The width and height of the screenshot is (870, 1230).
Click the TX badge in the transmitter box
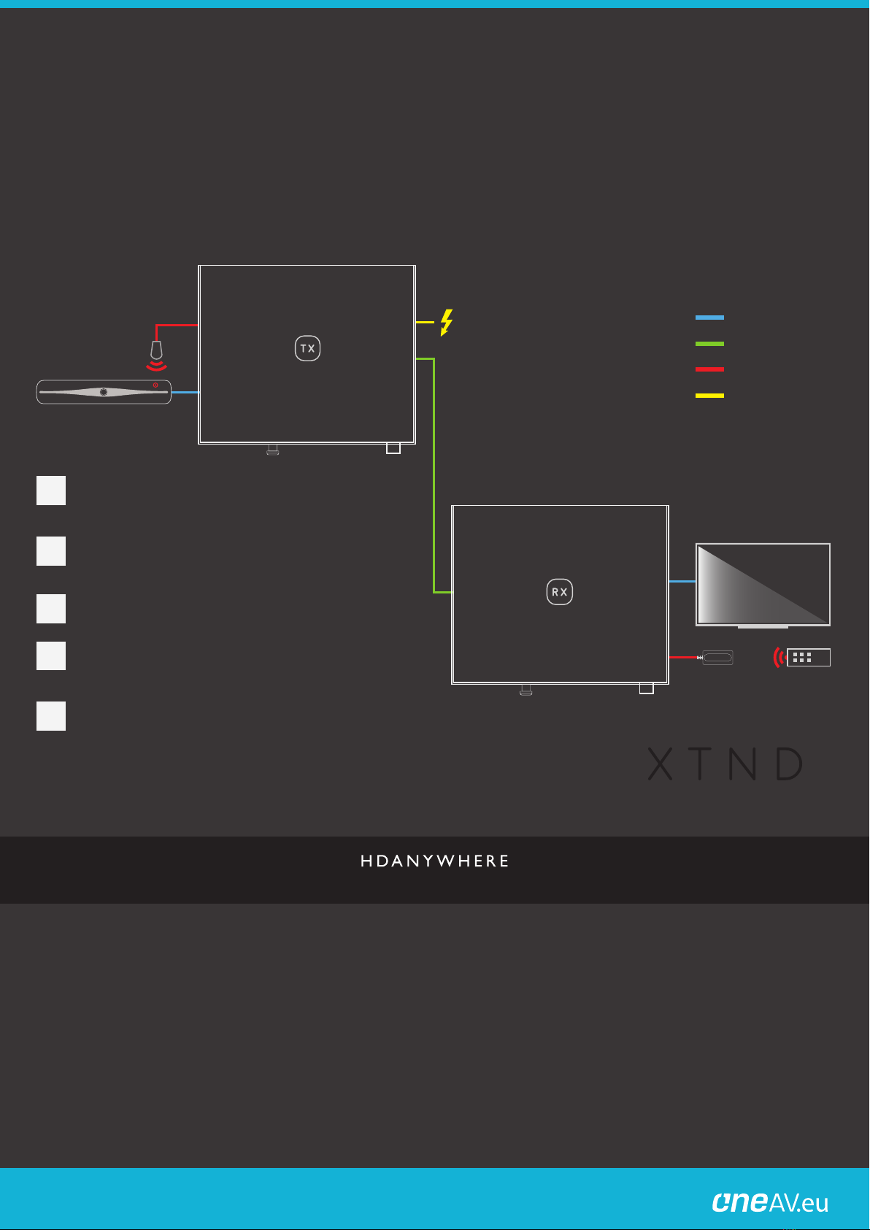(307, 348)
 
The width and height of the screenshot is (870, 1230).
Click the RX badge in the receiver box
(560, 592)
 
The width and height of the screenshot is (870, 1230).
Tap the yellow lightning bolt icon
(446, 322)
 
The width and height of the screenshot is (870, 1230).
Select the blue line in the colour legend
(709, 318)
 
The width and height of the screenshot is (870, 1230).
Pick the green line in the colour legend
(709, 343)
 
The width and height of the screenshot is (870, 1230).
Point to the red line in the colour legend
(709, 369)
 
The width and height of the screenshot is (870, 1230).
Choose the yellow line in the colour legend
(709, 396)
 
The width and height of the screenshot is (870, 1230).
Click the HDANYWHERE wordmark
(435, 861)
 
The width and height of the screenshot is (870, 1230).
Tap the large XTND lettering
(725, 764)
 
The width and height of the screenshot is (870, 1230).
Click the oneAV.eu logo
(770, 1202)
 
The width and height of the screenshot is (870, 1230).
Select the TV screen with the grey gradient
(763, 584)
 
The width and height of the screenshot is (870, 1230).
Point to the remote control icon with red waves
(802, 657)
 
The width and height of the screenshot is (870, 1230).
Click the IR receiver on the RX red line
(717, 658)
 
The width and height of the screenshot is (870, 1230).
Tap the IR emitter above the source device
(156, 353)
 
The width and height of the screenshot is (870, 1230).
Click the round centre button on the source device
(104, 392)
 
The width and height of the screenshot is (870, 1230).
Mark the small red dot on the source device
(155, 385)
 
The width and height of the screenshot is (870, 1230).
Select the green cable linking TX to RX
(434, 474)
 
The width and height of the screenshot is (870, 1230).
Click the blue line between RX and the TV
(682, 581)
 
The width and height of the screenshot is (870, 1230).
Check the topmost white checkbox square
(51, 491)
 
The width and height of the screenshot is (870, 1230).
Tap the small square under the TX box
(393, 448)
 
